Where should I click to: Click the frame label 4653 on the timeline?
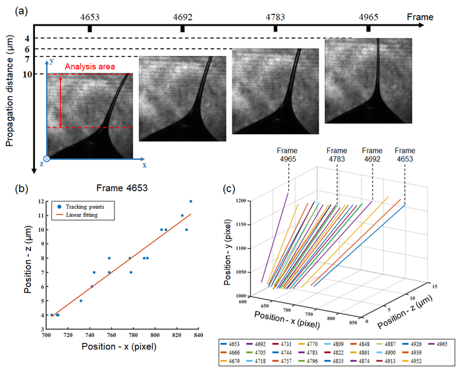91,16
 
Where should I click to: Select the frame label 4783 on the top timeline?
275,16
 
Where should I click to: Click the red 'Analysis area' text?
90,66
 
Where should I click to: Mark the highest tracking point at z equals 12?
191,201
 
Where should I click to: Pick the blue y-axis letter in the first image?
51,61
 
